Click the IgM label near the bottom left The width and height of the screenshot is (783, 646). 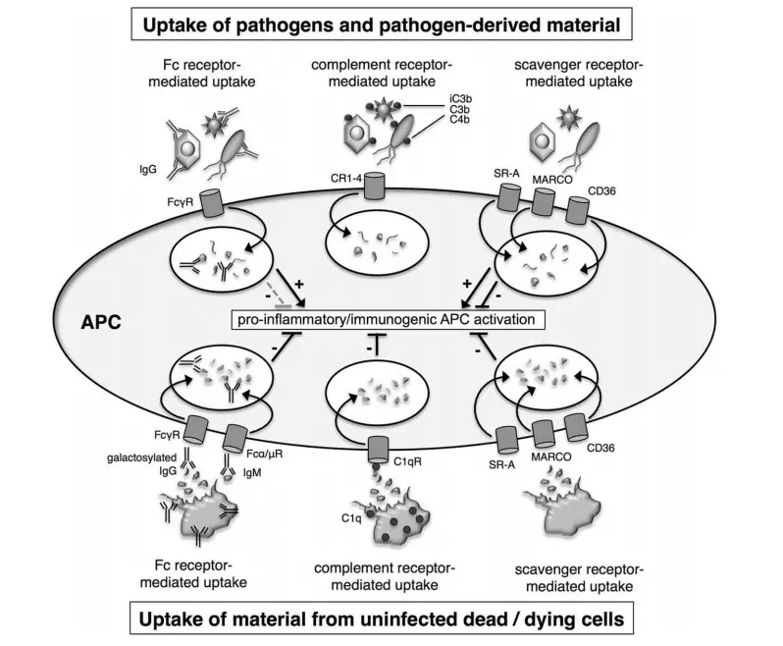tap(251, 472)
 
